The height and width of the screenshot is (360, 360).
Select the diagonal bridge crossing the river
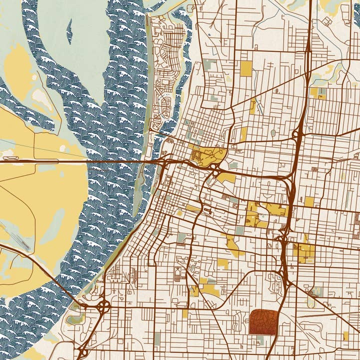[x=60, y=280]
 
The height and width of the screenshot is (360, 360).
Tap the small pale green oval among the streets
[x=273, y=133]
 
